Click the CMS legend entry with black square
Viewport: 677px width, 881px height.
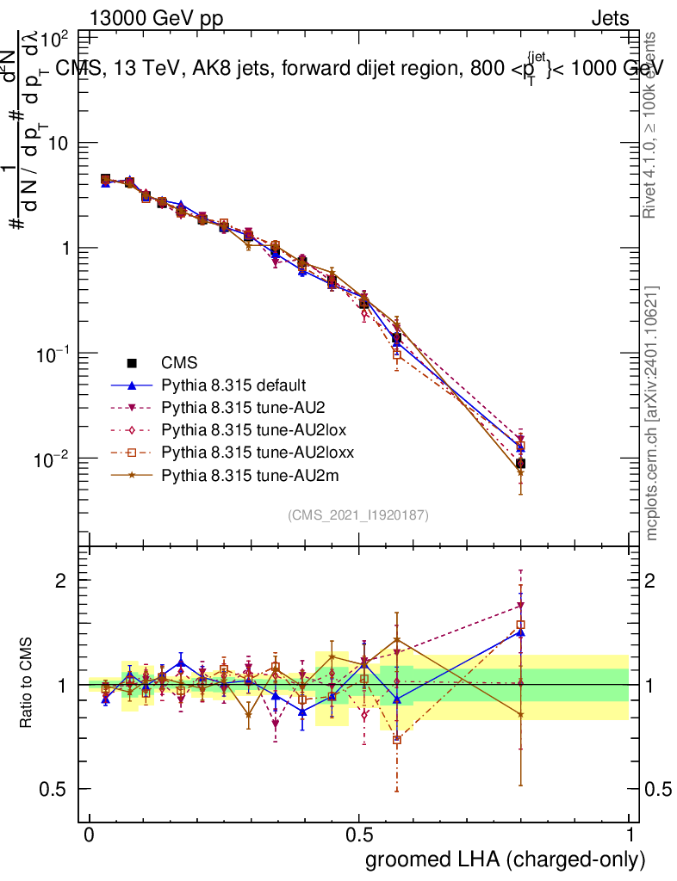point(177,364)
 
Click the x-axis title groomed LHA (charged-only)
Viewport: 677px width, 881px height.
point(506,859)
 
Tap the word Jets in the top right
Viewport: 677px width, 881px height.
point(610,18)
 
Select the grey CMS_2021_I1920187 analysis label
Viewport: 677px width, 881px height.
point(358,514)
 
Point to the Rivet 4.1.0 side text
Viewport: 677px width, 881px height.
point(651,125)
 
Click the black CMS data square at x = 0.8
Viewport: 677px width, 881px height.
point(520,464)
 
